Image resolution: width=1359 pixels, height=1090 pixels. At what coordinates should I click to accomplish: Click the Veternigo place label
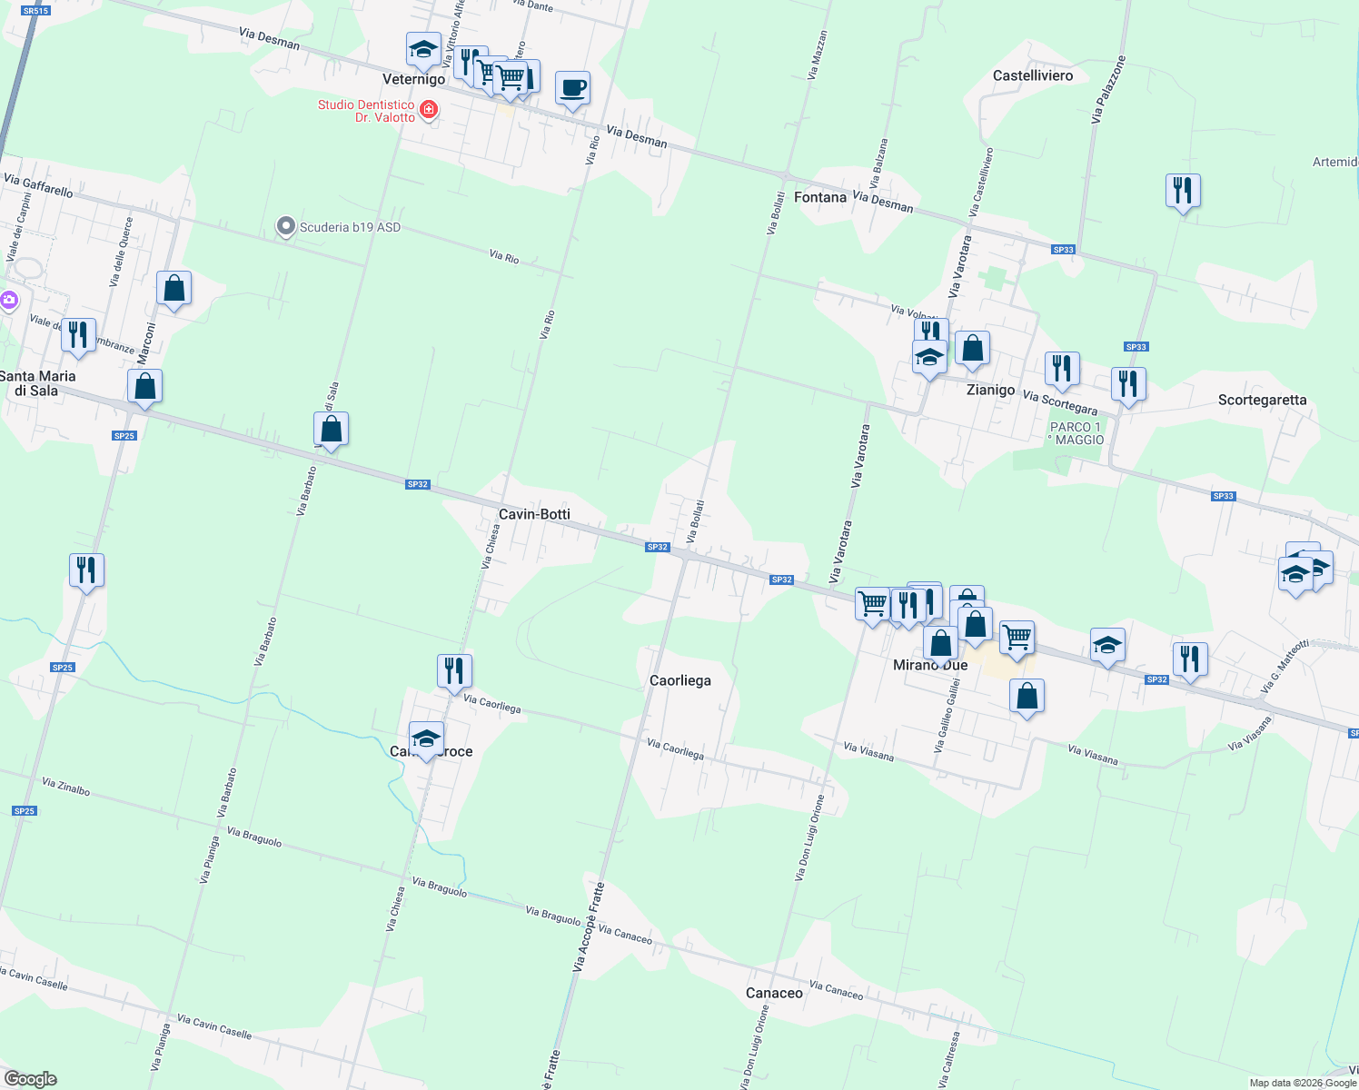click(x=413, y=80)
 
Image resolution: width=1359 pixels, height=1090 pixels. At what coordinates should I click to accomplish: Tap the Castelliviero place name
click(x=1033, y=75)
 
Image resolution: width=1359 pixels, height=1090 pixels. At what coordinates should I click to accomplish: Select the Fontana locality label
click(x=819, y=197)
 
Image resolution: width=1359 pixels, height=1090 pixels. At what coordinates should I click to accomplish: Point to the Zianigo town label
click(x=990, y=390)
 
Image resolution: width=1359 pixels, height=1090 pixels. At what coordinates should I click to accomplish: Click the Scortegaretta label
click(x=1262, y=400)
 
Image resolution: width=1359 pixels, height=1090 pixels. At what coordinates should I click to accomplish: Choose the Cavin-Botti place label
click(x=534, y=514)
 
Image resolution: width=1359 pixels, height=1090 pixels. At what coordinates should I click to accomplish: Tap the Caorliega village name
click(x=679, y=680)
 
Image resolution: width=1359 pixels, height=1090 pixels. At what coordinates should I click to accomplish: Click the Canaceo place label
click(x=774, y=993)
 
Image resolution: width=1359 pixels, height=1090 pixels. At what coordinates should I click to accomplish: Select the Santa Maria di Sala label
click(x=38, y=383)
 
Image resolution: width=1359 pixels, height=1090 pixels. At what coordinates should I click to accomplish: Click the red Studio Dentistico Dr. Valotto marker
click(x=429, y=110)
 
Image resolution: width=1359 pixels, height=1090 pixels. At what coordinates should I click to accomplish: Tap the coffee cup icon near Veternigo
click(x=572, y=89)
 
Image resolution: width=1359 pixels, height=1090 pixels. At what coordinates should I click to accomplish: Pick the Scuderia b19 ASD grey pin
click(x=286, y=227)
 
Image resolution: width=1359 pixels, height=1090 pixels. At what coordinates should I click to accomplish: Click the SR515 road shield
click(x=35, y=11)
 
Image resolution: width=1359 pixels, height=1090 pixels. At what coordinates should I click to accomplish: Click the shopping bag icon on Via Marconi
click(x=174, y=289)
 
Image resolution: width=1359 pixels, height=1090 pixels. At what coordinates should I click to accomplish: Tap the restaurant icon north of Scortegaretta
click(x=1183, y=191)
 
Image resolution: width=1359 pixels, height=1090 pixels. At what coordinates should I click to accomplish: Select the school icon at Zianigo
click(x=928, y=359)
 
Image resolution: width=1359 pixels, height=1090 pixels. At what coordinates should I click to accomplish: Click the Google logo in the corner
click(x=30, y=1079)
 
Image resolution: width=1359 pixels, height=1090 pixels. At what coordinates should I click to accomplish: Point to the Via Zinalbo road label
click(x=66, y=787)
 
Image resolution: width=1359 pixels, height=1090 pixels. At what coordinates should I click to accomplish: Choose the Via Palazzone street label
click(x=1108, y=90)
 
